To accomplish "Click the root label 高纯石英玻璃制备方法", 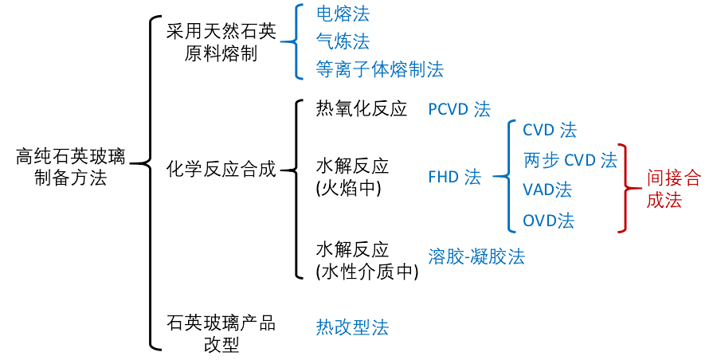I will pyautogui.click(x=70, y=167).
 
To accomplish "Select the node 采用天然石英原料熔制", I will pyautogui.click(x=221, y=44).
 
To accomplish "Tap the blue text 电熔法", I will pyautogui.click(x=343, y=14).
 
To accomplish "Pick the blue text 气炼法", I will pyautogui.click(x=343, y=41).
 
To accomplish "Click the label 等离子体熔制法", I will pyautogui.click(x=379, y=70).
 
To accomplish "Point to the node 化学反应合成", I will pyautogui.click(x=221, y=169).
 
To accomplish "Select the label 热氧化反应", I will pyautogui.click(x=361, y=109).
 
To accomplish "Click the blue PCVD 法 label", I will pyautogui.click(x=459, y=110).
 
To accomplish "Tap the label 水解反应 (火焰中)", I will pyautogui.click(x=352, y=178).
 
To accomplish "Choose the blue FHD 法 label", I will pyautogui.click(x=454, y=178).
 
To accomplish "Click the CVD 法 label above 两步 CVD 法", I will pyautogui.click(x=549, y=130).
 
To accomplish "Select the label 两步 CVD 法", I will pyautogui.click(x=570, y=160).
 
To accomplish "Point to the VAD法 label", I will pyautogui.click(x=547, y=190).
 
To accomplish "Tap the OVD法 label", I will pyautogui.click(x=548, y=221).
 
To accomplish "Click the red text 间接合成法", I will pyautogui.click(x=673, y=190).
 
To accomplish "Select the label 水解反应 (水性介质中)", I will pyautogui.click(x=367, y=260).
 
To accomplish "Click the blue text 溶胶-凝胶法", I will pyautogui.click(x=476, y=256).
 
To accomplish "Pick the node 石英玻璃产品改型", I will pyautogui.click(x=221, y=334).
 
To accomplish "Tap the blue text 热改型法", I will pyautogui.click(x=352, y=327).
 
